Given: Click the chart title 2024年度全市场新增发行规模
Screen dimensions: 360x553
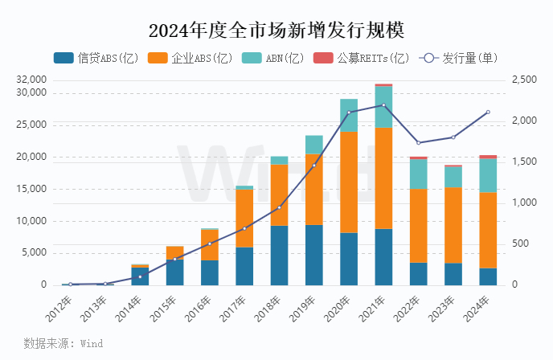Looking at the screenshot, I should click(x=276, y=30).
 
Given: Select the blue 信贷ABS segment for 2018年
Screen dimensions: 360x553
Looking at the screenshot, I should click(x=279, y=256).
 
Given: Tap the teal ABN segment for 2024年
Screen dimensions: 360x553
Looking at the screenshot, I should click(x=488, y=175).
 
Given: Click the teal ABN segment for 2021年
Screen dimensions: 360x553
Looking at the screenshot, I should click(x=383, y=107).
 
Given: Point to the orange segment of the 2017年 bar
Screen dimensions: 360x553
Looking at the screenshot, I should click(x=244, y=219).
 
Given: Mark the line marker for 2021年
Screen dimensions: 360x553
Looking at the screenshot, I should click(x=383, y=105).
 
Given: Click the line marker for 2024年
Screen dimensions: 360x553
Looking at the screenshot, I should click(x=488, y=112).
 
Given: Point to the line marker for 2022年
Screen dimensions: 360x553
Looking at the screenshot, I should click(x=418, y=143).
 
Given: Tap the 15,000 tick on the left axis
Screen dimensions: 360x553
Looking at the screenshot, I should click(x=32, y=189).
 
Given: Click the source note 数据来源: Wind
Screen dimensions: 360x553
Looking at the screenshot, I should click(x=63, y=343).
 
